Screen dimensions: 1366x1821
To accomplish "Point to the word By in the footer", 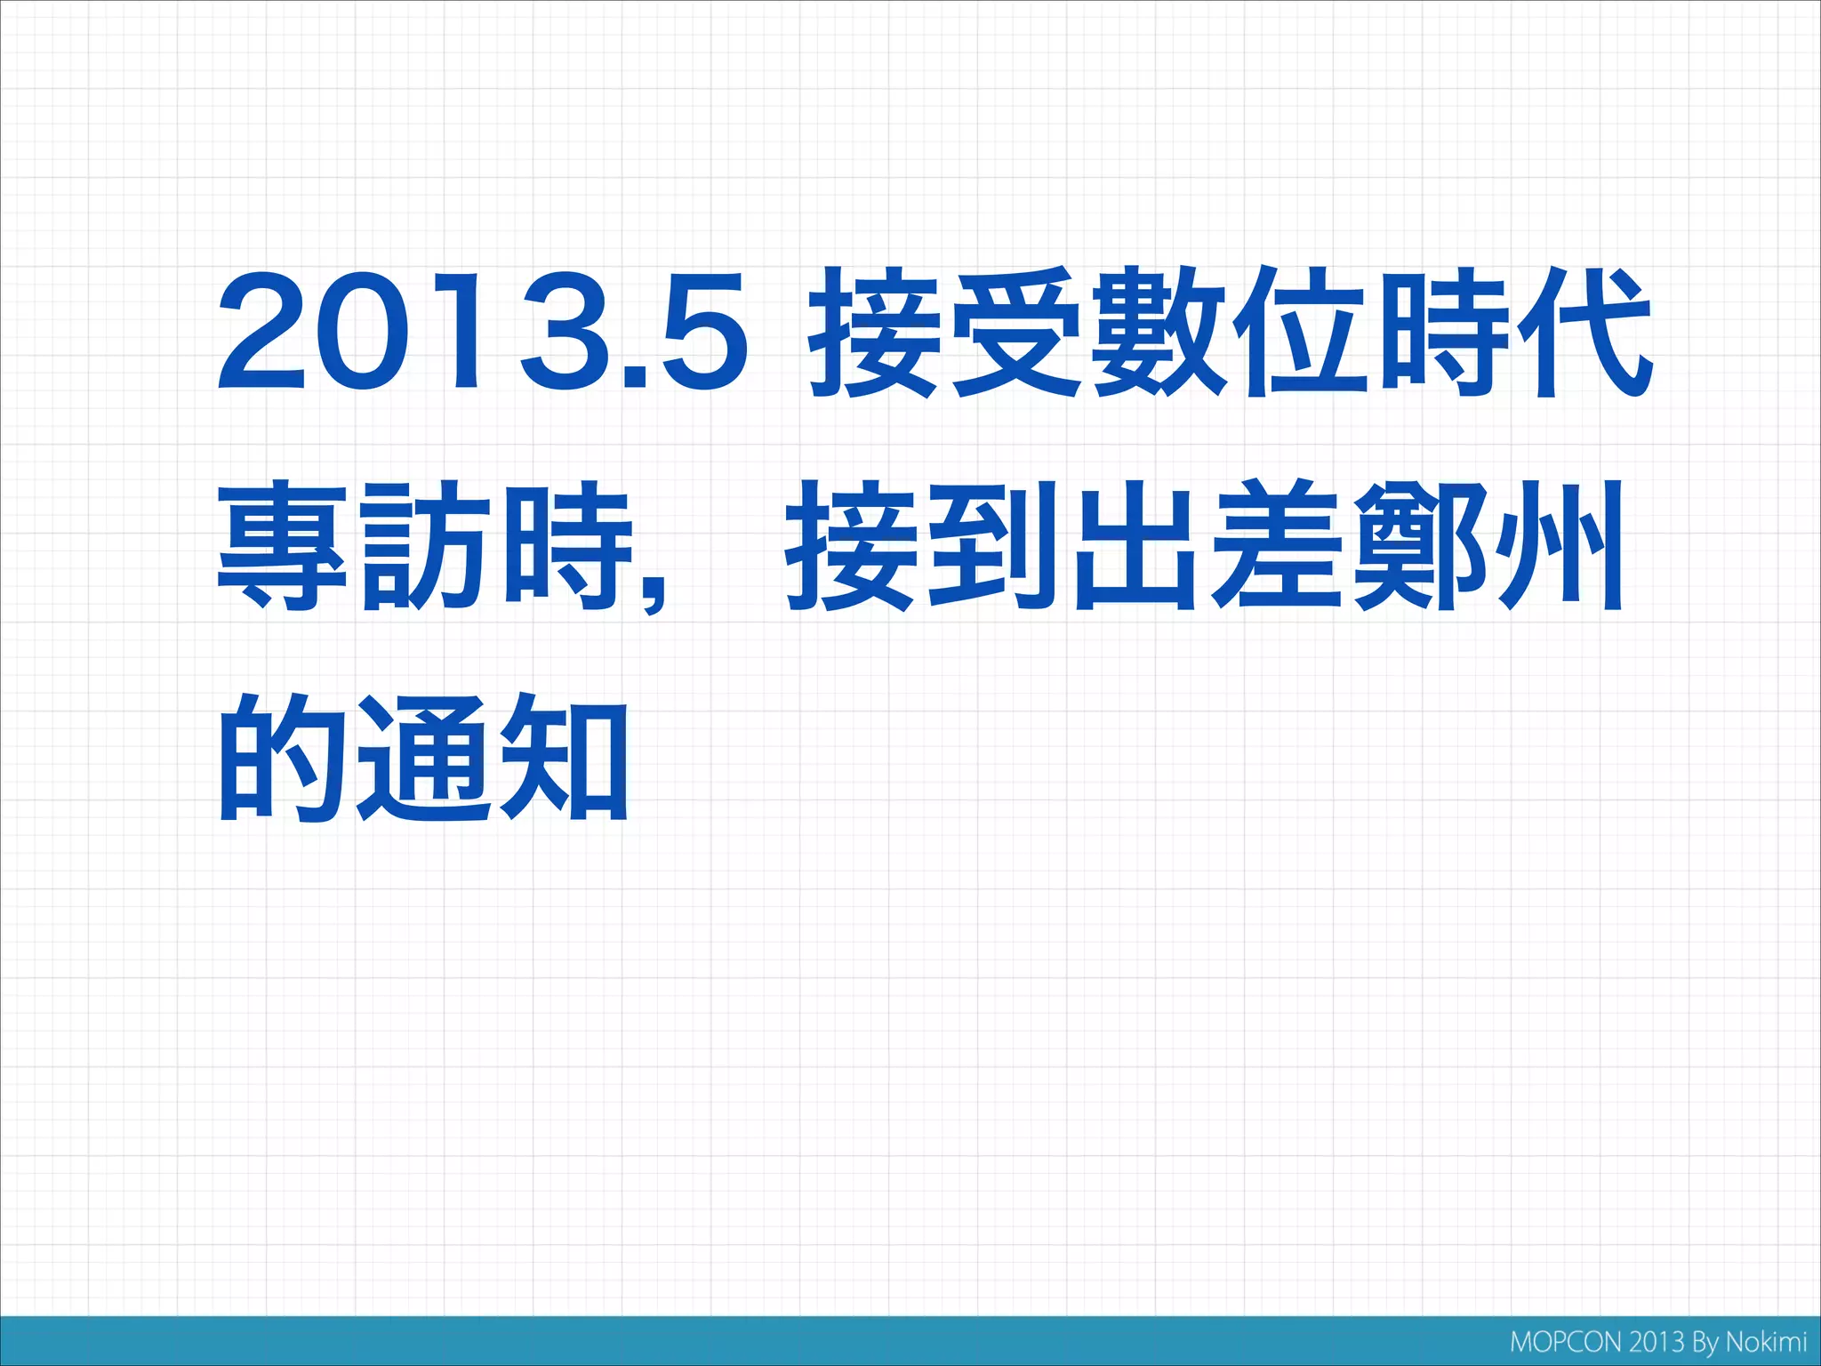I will pos(1705,1343).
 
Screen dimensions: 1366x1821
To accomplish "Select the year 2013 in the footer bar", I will pos(1656,1342).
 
